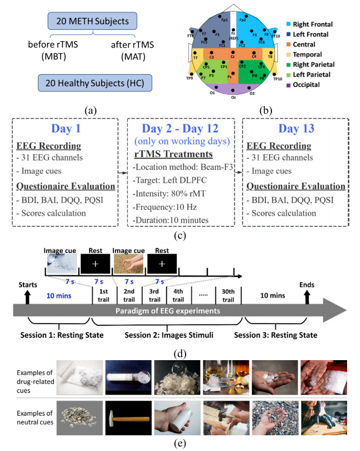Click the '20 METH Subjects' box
click(x=90, y=22)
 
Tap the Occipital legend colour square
click(x=290, y=85)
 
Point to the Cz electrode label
click(x=233, y=56)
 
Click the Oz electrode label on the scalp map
click(x=233, y=97)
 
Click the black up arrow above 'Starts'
click(x=27, y=293)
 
